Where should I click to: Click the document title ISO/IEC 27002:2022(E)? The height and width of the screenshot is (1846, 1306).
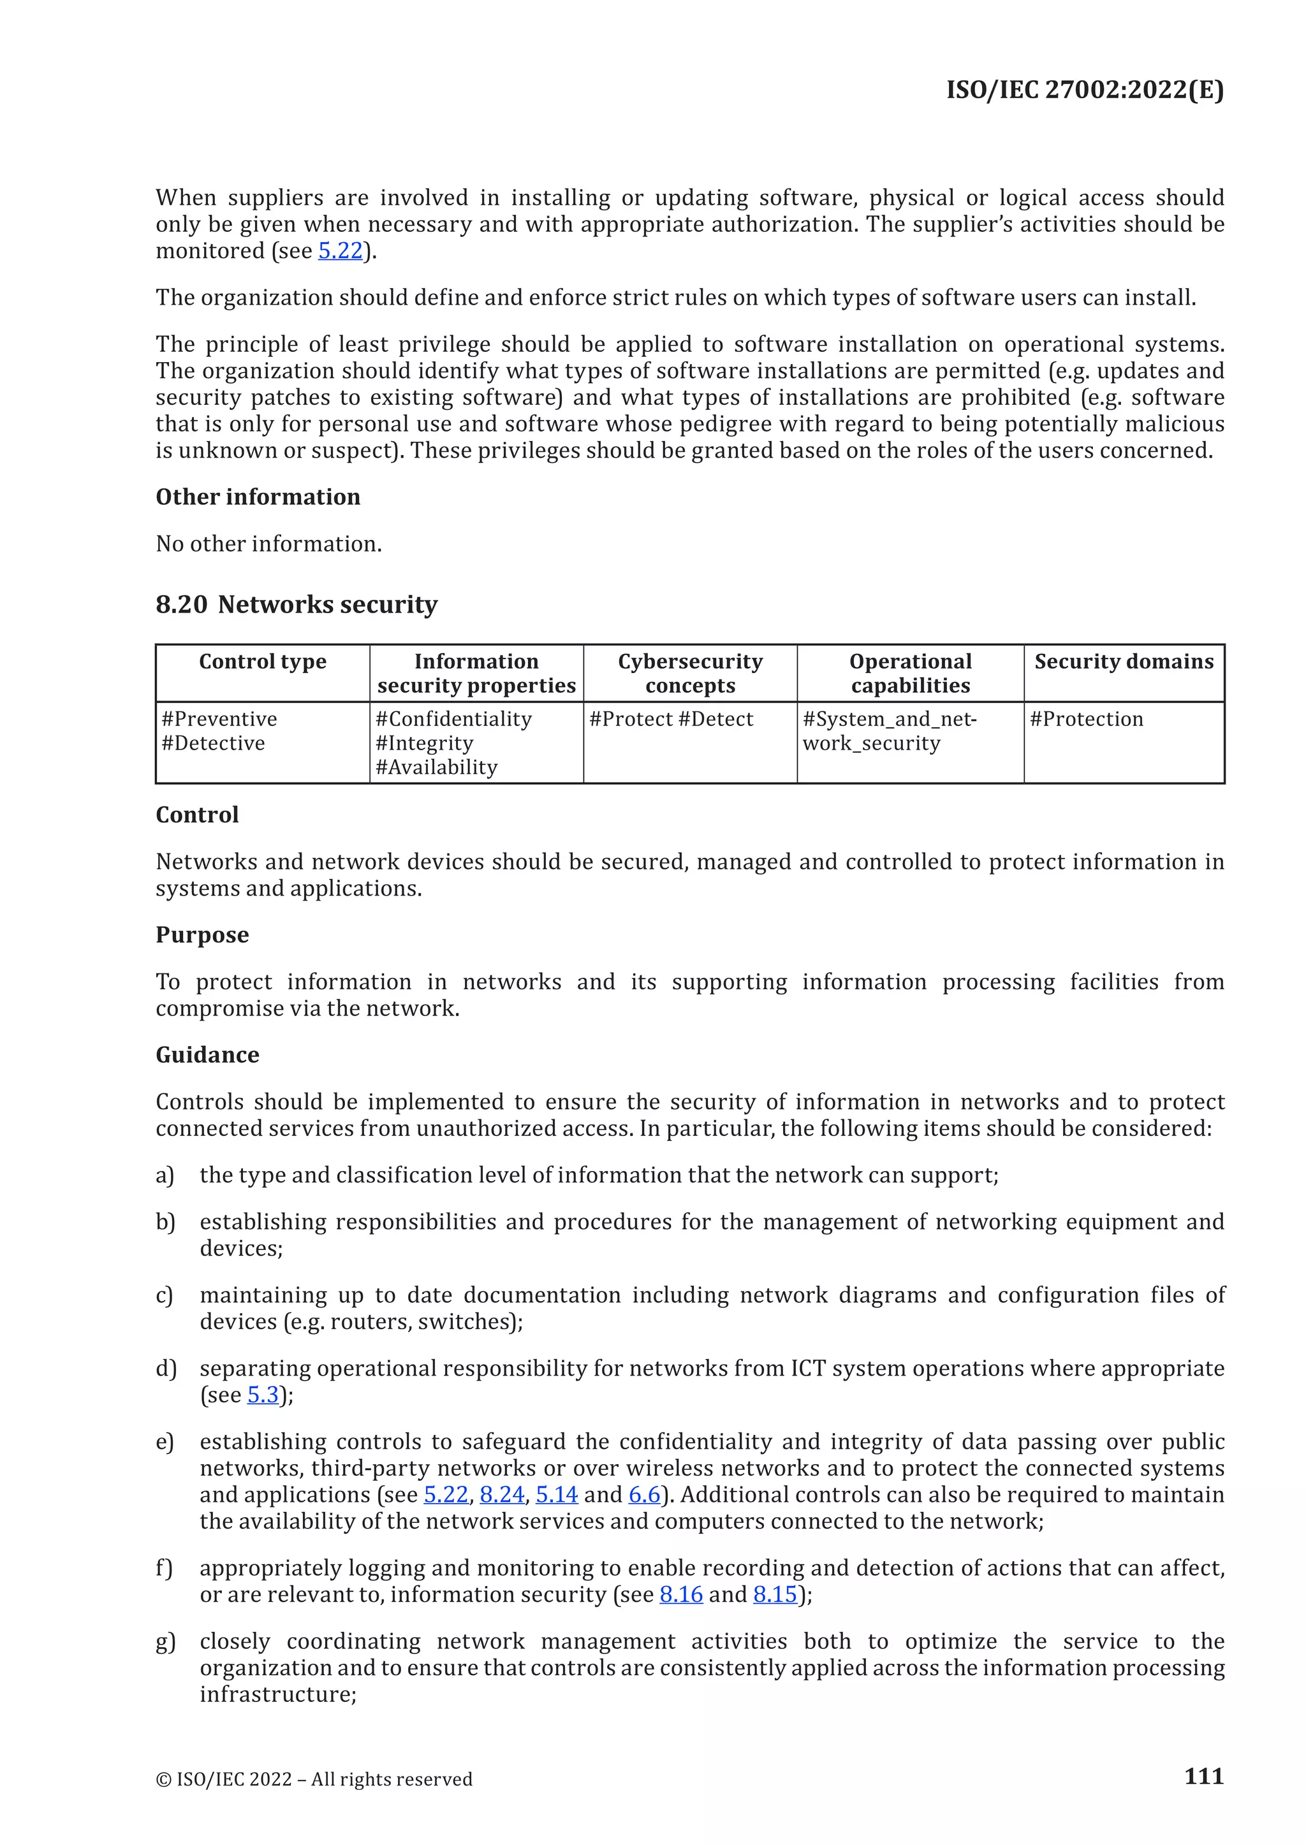coord(1084,89)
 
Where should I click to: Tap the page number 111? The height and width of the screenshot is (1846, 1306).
coord(1203,1776)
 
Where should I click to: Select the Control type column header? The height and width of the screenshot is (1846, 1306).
coord(262,662)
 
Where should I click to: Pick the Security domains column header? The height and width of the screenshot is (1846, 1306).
coord(1124,662)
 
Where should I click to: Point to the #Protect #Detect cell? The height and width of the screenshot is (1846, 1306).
coord(671,719)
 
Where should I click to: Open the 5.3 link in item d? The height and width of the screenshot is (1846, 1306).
coord(262,1395)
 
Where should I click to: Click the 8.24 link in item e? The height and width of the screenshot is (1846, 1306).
coord(502,1495)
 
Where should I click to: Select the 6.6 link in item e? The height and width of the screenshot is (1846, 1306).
coord(644,1495)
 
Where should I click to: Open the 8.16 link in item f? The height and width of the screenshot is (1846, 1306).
coord(680,1594)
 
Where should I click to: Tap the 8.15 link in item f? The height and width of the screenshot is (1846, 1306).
coord(774,1594)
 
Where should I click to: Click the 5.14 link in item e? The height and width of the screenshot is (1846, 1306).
coord(557,1495)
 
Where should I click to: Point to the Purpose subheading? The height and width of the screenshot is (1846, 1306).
coord(202,935)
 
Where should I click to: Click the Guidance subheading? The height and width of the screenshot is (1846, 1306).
coord(207,1055)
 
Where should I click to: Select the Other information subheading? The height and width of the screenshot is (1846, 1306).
coord(258,497)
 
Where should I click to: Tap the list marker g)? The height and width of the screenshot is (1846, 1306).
coord(165,1642)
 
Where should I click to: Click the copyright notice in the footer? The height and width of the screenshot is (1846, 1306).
coord(314,1779)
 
